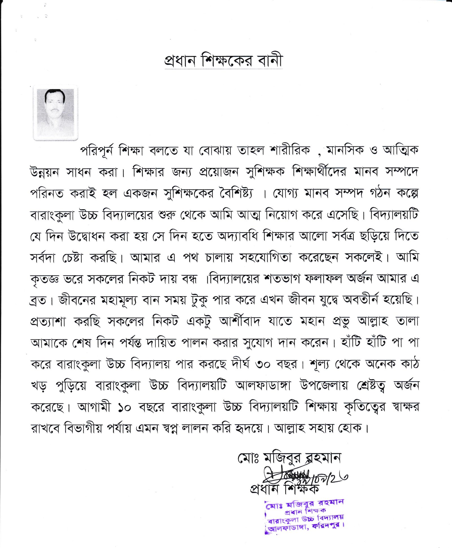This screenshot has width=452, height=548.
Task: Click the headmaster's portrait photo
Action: pyautogui.click(x=55, y=112)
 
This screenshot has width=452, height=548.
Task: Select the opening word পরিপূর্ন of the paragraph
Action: pyautogui.click(x=97, y=150)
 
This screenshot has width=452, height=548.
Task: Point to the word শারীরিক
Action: pyautogui.click(x=290, y=150)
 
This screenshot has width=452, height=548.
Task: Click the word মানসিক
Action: pyautogui.click(x=345, y=150)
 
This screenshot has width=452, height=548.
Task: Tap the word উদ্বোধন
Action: pyautogui.click(x=87, y=236)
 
